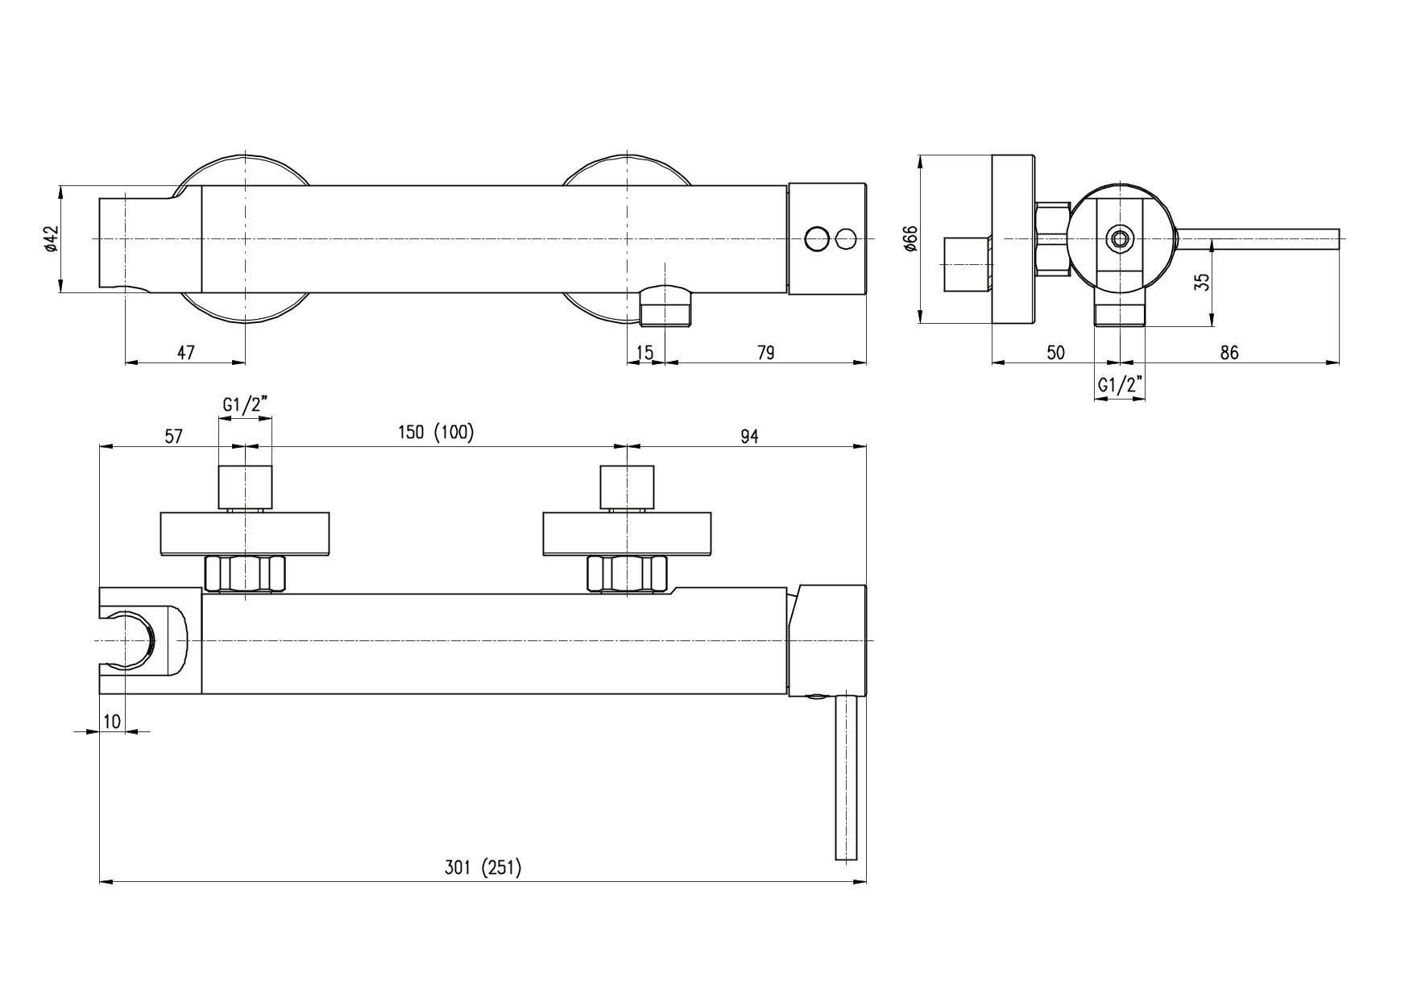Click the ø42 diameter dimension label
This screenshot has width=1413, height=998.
[x=51, y=239]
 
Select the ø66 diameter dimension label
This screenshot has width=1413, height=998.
[x=911, y=239]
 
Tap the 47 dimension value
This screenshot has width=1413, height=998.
[x=186, y=352]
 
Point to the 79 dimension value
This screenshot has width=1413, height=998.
[x=765, y=352]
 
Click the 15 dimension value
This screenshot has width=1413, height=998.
[x=644, y=352]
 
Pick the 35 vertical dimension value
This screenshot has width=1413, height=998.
[x=1201, y=283]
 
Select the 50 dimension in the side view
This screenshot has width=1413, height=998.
[x=1055, y=352]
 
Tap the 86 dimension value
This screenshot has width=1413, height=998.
[x=1229, y=352]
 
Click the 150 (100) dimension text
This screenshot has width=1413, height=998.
[x=436, y=433]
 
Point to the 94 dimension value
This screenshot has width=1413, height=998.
[x=749, y=436]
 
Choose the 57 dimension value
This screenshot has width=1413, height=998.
[x=173, y=436]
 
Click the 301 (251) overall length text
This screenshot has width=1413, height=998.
[x=483, y=868]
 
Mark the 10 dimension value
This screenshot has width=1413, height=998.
[x=112, y=721]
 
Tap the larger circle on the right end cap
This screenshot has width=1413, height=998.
[x=816, y=239]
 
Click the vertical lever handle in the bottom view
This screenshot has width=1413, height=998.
[x=845, y=778]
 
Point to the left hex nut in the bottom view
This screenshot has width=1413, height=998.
[x=246, y=574]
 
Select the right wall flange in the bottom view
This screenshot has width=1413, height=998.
[x=627, y=534]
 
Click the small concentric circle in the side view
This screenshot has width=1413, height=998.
[x=1119, y=238]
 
